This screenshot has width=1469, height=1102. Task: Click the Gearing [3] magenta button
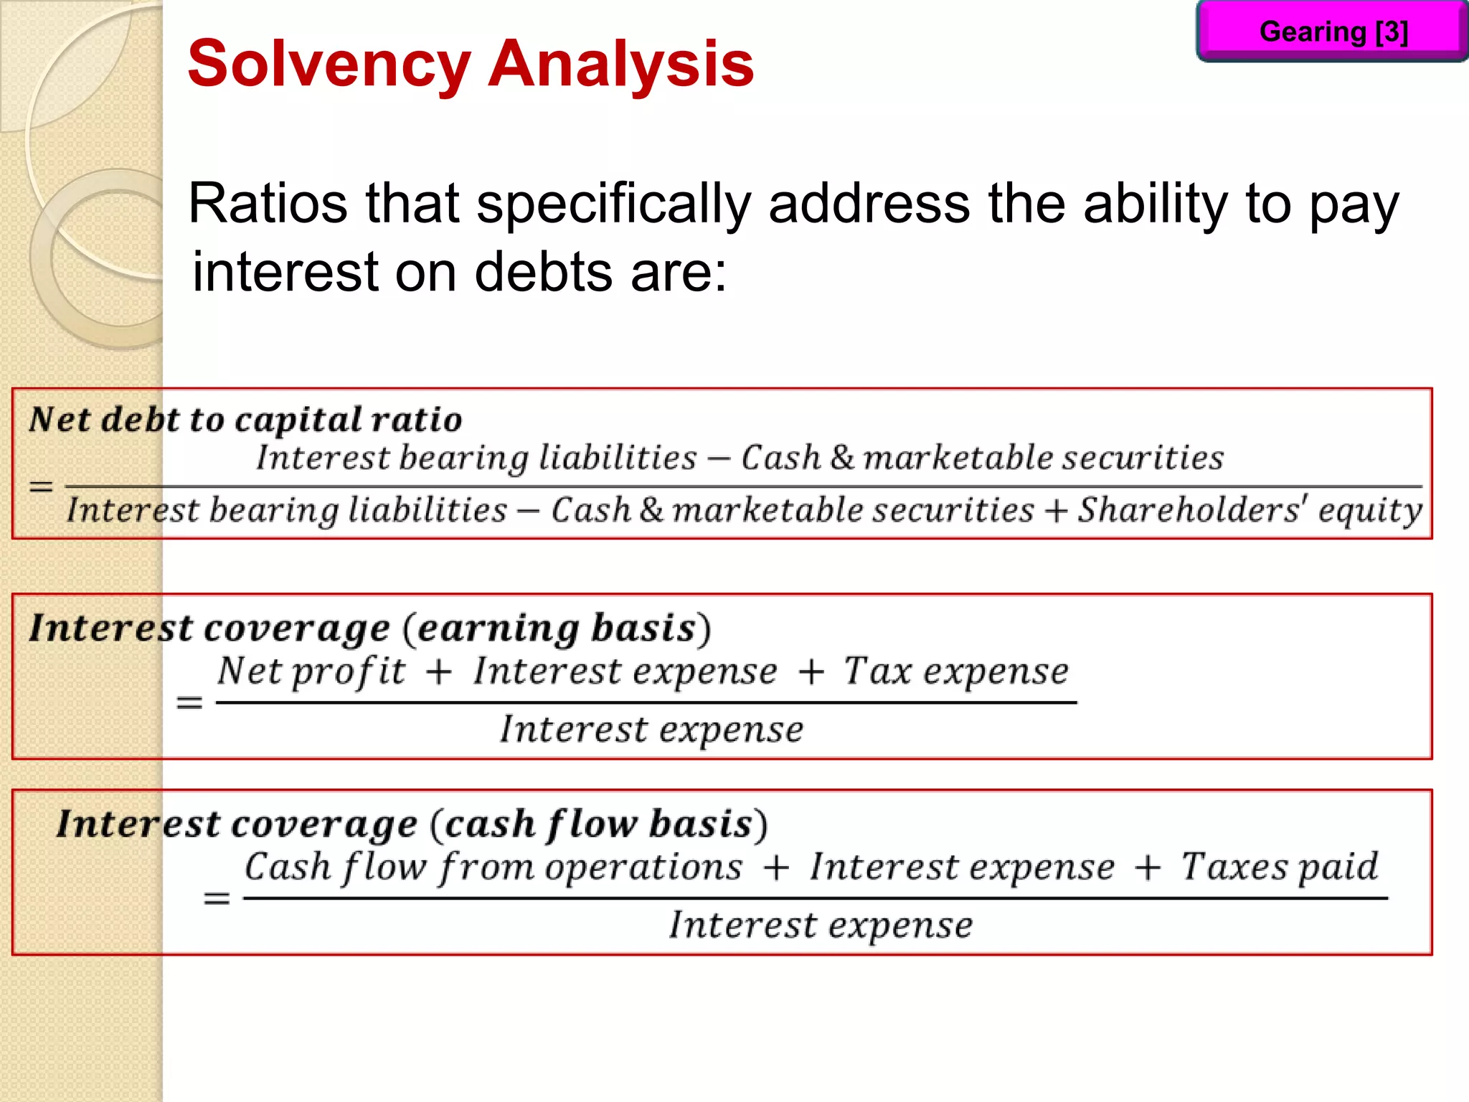(1333, 32)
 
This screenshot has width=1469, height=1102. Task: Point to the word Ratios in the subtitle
(268, 204)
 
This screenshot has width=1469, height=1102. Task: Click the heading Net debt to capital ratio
(245, 420)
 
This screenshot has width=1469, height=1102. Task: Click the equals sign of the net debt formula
(41, 486)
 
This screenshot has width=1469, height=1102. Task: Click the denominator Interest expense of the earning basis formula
(651, 730)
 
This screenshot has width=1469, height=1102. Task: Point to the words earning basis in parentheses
(557, 628)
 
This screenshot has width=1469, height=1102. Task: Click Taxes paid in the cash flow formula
(1280, 867)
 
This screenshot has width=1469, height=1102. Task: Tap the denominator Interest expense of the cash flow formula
(821, 925)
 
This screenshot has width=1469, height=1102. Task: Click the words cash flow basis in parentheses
(598, 824)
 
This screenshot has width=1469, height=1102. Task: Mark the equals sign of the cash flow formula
(217, 898)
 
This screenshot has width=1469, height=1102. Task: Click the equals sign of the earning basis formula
(189, 702)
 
